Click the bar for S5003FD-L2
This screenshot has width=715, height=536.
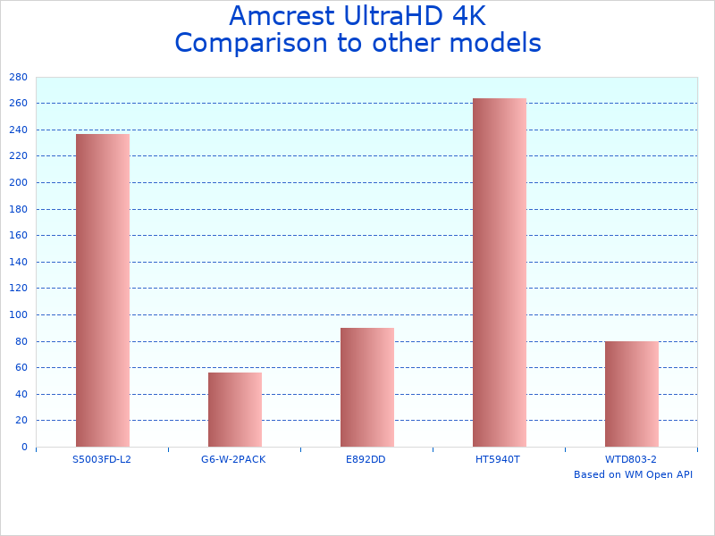pyautogui.click(x=103, y=290)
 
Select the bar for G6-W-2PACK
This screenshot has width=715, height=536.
pyautogui.click(x=235, y=409)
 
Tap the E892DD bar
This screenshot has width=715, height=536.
pyautogui.click(x=367, y=387)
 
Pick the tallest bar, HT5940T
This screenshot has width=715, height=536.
pyautogui.click(x=500, y=272)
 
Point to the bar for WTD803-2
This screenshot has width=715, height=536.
pyautogui.click(x=632, y=394)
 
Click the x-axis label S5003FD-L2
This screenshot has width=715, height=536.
pyautogui.click(x=102, y=459)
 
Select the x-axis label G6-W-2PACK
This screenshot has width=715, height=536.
pyautogui.click(x=233, y=459)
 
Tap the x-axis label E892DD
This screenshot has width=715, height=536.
pyautogui.click(x=366, y=459)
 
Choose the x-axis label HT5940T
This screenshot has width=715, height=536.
pyautogui.click(x=498, y=459)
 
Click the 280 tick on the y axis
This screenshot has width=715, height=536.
pyautogui.click(x=18, y=77)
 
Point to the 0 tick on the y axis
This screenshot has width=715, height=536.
pyautogui.click(x=24, y=447)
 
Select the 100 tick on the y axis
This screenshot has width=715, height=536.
pyautogui.click(x=18, y=314)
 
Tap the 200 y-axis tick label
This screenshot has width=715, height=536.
pyautogui.click(x=18, y=182)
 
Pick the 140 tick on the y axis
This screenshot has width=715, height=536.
pyautogui.click(x=18, y=262)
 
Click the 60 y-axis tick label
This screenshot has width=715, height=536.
pyautogui.click(x=21, y=367)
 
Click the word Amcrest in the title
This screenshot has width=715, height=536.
pyautogui.click(x=285, y=16)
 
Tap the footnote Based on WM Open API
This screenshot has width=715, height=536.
pyautogui.click(x=633, y=474)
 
